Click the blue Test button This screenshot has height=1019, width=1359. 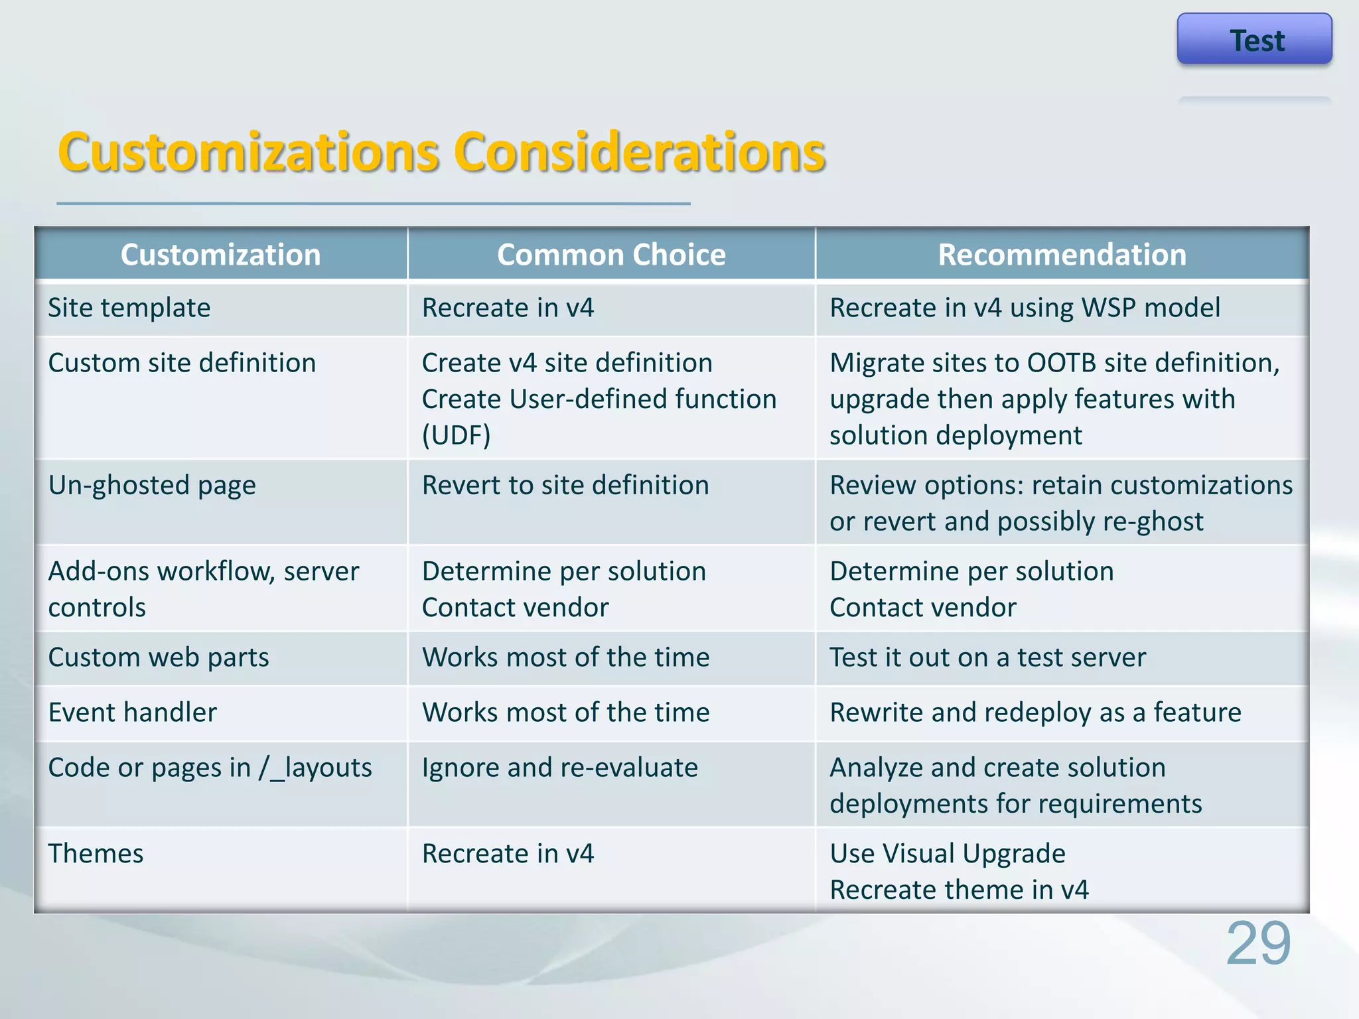tap(1254, 40)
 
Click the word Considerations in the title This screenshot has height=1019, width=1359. tap(640, 153)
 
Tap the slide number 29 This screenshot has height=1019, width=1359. tap(1257, 943)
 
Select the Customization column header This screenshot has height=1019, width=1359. tap(220, 255)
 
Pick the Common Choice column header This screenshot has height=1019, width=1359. tap(611, 255)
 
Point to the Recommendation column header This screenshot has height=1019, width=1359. tap(1062, 255)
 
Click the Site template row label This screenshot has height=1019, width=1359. tap(129, 308)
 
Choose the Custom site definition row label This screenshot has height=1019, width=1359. tap(182, 363)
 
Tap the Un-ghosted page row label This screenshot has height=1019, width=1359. tap(152, 486)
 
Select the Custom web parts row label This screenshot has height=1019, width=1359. tap(159, 657)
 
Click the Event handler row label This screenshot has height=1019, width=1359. tap(133, 713)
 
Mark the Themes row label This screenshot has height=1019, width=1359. tap(96, 853)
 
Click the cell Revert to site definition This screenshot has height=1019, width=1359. tap(565, 486)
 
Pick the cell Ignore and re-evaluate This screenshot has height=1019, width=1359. tap(560, 768)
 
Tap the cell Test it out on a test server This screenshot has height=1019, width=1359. tap(987, 657)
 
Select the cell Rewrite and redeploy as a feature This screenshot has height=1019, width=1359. tap(1035, 713)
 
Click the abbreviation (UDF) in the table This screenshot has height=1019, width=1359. tap(457, 436)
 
